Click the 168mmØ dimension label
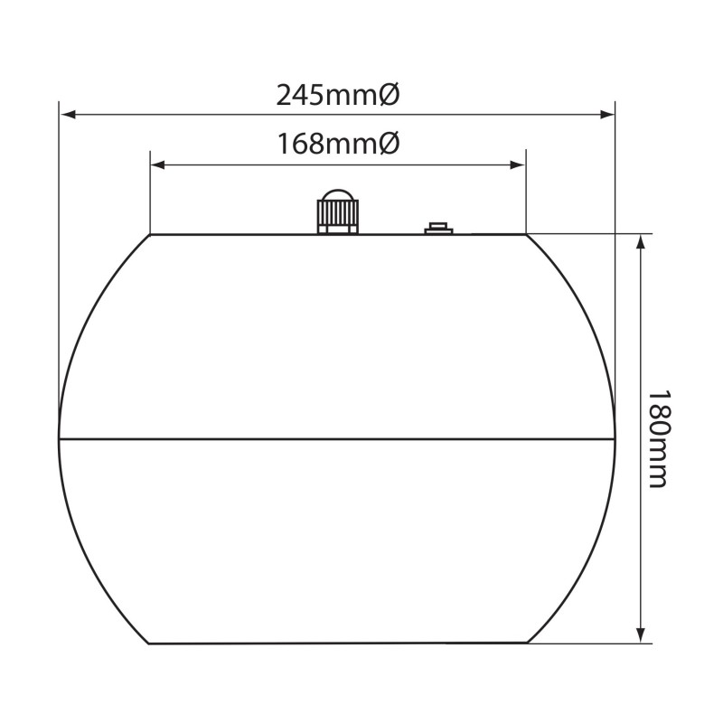(x=336, y=144)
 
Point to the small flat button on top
(x=439, y=228)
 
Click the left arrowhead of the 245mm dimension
(x=65, y=115)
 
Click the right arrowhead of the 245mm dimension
(x=609, y=115)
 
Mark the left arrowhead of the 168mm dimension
(x=156, y=164)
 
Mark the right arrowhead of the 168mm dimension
(x=519, y=164)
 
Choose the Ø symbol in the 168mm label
(x=387, y=144)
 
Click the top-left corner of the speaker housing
(x=150, y=234)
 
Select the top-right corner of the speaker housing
(x=525, y=234)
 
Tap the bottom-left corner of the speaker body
(x=150, y=643)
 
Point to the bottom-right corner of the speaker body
(x=525, y=643)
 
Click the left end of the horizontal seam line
(x=60, y=440)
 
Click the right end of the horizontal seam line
(x=615, y=440)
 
